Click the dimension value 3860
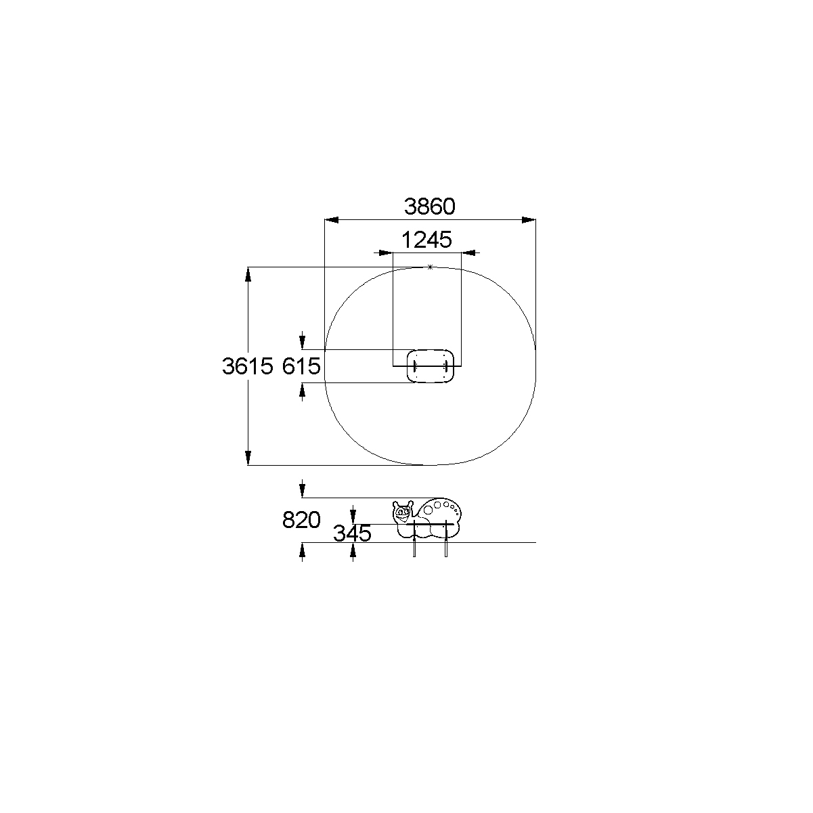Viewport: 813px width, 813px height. click(429, 206)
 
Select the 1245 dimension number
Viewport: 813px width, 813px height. click(426, 240)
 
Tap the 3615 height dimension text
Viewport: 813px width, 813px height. click(248, 366)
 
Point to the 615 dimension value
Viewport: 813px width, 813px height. click(301, 366)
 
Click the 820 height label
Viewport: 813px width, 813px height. click(301, 520)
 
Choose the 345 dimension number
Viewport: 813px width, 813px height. click(352, 533)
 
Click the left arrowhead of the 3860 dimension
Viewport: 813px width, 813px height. click(332, 220)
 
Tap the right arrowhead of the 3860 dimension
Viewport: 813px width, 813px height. click(529, 220)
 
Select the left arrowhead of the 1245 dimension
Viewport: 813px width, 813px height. click(386, 252)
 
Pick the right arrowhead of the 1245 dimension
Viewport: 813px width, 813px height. click(468, 252)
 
